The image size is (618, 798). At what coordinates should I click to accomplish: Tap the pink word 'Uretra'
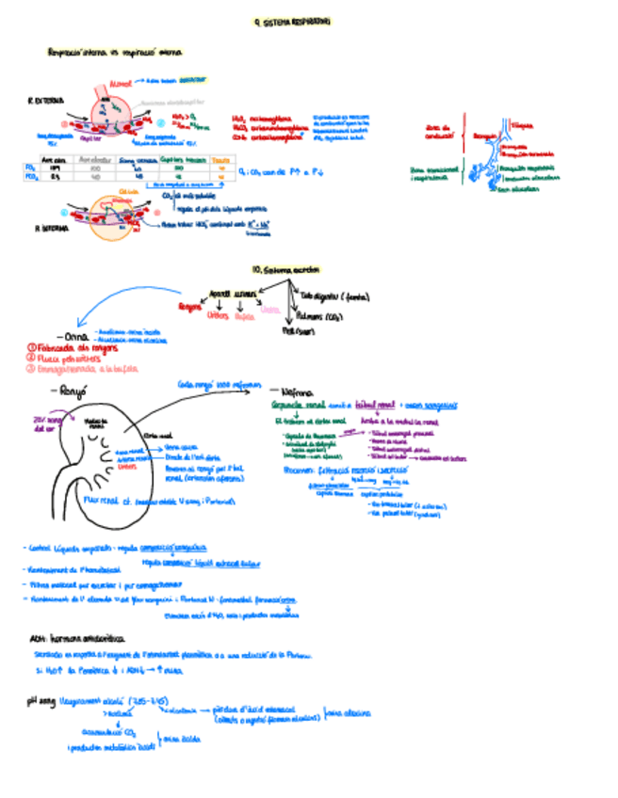269,310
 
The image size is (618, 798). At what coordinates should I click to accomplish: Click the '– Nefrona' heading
287,389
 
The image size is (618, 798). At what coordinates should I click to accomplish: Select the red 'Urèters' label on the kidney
128,466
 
